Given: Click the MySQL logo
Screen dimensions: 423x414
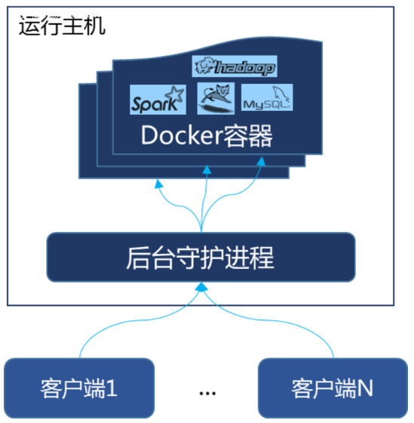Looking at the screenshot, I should (266, 99).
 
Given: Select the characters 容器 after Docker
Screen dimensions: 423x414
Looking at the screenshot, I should (246, 137).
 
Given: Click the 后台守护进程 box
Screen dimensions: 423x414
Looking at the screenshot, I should (200, 257).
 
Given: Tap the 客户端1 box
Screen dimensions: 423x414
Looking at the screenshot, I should (79, 388).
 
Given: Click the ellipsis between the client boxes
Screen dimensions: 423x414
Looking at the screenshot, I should (209, 393).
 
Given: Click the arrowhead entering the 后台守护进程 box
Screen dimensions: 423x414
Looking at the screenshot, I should (201, 287).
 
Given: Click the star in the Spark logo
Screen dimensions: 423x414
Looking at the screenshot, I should (174, 94).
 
